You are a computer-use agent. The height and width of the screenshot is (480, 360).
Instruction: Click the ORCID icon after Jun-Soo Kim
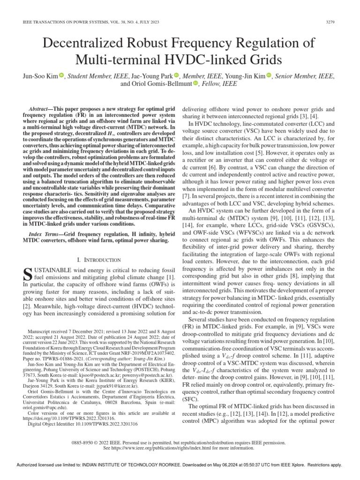click(x=61, y=75)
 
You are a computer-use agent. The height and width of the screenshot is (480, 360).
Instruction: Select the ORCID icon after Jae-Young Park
click(x=176, y=75)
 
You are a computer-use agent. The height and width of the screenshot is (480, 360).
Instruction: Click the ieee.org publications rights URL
click(x=162, y=448)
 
